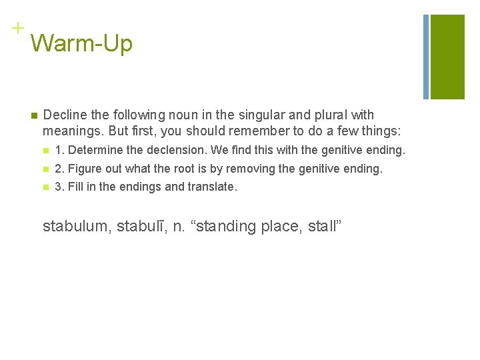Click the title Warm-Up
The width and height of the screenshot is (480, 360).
(81, 43)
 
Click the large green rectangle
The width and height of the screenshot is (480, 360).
(447, 57)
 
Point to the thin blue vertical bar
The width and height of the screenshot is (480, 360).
(426, 57)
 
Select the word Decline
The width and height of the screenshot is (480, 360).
(64, 115)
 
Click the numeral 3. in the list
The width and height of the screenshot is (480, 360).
(59, 187)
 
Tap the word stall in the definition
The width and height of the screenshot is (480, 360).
(323, 226)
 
